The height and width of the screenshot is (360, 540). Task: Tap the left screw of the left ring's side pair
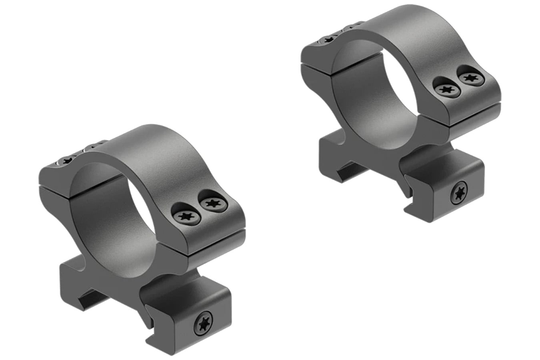pos(186,216)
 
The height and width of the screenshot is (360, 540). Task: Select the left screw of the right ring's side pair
pos(445,89)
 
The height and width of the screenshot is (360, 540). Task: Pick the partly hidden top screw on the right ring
pos(326,40)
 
